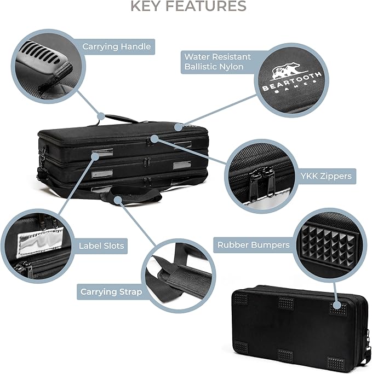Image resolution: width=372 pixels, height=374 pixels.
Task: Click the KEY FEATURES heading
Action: [188, 7]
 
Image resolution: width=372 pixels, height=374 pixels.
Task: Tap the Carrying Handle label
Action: [116, 46]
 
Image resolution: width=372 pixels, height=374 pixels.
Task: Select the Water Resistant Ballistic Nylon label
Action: [217, 62]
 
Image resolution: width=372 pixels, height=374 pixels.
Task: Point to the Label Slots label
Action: [101, 246]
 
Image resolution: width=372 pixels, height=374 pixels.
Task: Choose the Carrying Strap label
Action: [111, 291]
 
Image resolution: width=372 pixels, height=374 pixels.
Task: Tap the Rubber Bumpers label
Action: [253, 244]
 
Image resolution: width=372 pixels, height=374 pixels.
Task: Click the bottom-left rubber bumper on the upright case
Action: [242, 347]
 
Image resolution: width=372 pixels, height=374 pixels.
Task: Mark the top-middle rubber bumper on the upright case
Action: [286, 302]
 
